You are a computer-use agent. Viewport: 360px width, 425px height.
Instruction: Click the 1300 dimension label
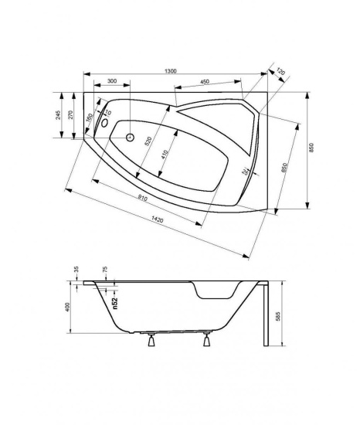[171, 71]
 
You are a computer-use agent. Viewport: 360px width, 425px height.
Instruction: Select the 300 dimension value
[112, 81]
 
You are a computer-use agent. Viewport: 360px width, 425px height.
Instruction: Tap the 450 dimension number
[205, 82]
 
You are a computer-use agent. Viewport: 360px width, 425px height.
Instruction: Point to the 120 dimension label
[280, 72]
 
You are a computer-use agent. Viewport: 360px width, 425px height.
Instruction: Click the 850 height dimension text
[311, 148]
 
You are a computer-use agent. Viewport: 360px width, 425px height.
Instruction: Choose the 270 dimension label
[70, 115]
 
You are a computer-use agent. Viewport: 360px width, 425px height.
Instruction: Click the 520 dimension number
[148, 141]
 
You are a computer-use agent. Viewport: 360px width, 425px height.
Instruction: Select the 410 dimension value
[165, 155]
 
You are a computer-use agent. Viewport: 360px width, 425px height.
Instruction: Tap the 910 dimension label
[142, 198]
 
